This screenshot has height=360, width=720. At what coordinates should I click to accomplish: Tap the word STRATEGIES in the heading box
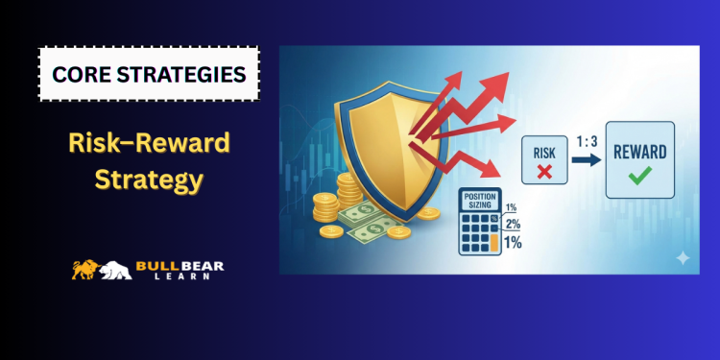click(181, 74)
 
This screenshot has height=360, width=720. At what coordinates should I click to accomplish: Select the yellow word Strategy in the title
click(151, 179)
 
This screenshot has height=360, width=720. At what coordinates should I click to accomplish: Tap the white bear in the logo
click(114, 272)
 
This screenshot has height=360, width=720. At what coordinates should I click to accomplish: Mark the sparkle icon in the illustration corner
click(683, 257)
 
